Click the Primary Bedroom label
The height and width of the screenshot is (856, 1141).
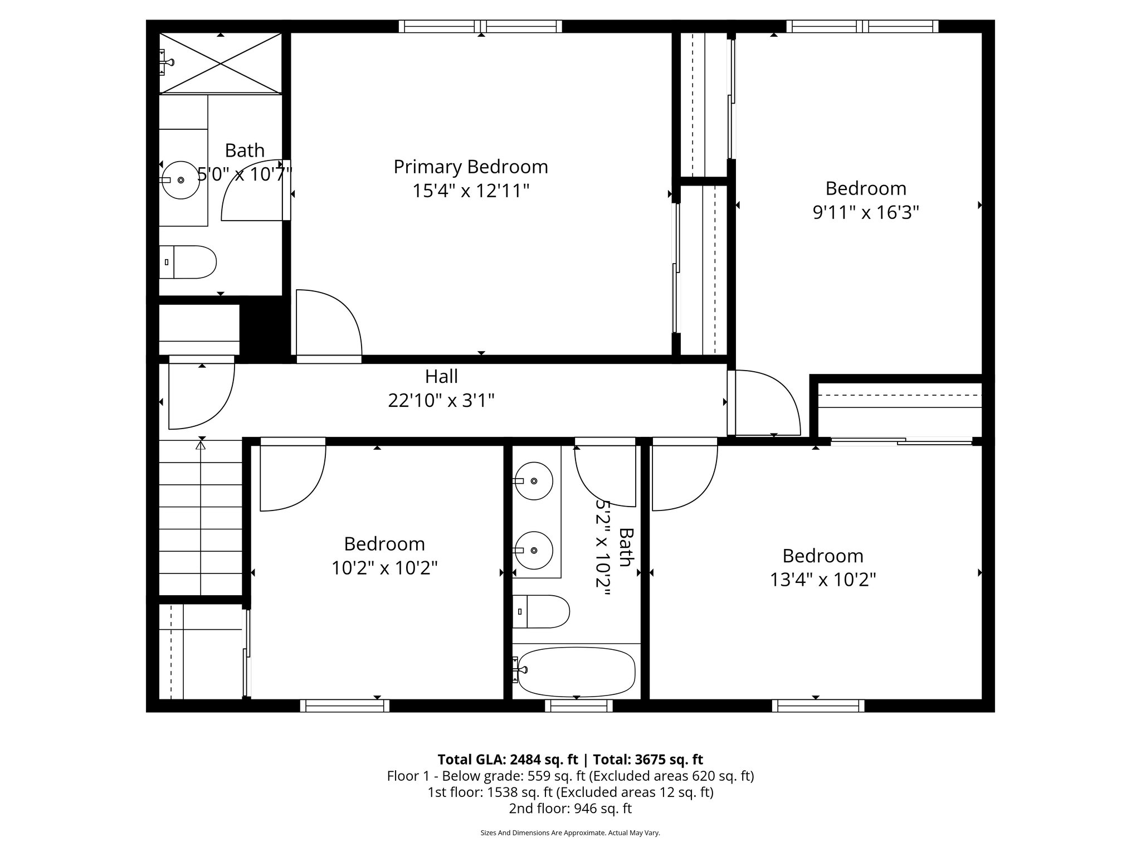[x=471, y=167]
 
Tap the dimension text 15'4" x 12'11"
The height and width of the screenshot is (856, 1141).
[x=471, y=191]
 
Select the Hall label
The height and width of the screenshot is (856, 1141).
[x=441, y=377]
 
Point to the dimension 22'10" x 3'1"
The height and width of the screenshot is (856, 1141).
[x=441, y=400]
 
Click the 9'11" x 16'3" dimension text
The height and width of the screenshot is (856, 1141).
[x=865, y=212]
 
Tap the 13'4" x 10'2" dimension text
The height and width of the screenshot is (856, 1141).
[x=822, y=580]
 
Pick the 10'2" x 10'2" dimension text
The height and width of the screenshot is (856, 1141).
[x=384, y=568]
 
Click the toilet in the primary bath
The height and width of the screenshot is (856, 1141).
[x=189, y=262]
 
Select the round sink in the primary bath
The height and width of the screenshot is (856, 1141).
[x=181, y=180]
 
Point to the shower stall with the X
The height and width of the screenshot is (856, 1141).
[x=221, y=64]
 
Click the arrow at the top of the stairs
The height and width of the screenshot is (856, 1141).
[x=201, y=445]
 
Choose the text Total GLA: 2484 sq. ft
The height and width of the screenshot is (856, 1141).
[x=508, y=760]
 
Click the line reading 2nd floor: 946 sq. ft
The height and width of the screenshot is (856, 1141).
[x=570, y=808]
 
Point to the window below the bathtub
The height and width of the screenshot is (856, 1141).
[x=578, y=706]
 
